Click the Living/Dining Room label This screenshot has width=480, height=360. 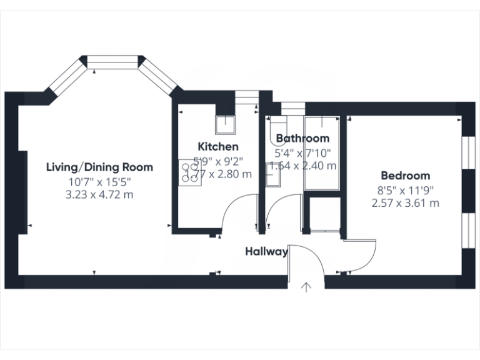[99, 167]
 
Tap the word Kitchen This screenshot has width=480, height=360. [217, 147]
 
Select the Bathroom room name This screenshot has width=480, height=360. [302, 138]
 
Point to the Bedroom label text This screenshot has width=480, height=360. [405, 176]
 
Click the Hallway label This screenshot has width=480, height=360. [266, 252]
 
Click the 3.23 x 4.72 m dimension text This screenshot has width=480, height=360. [99, 195]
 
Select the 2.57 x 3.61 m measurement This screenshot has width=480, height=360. [405, 203]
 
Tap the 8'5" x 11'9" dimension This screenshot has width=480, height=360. [405, 190]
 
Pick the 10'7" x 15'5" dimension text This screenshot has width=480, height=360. [99, 182]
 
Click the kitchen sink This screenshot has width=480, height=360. [224, 126]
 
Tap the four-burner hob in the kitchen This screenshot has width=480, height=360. [189, 172]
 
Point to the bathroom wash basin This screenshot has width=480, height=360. [272, 174]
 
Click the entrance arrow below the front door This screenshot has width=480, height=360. [306, 287]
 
